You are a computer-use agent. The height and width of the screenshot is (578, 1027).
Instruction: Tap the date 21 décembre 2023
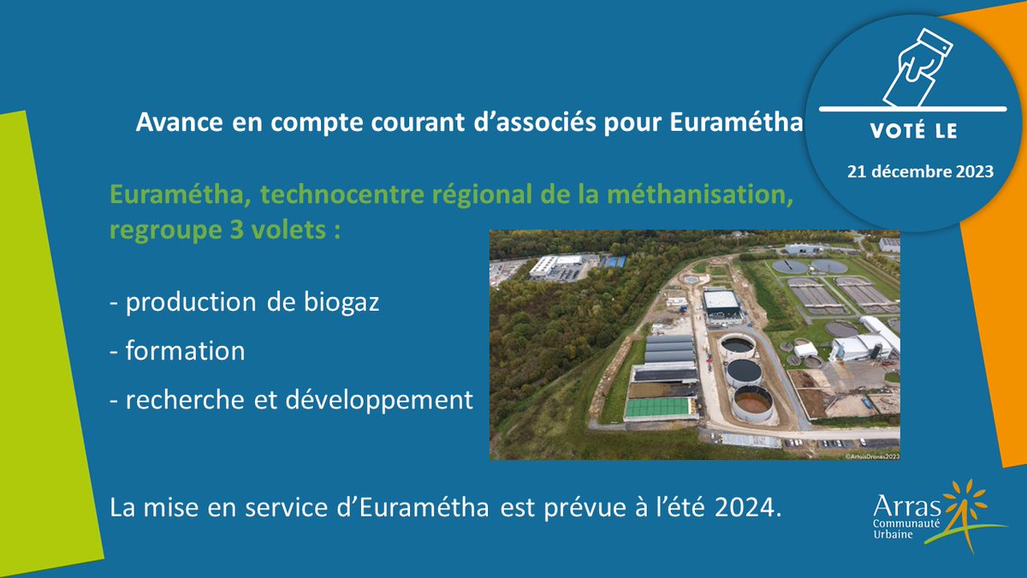tap(920, 171)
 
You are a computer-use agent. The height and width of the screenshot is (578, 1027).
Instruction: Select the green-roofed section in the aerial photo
tap(659, 408)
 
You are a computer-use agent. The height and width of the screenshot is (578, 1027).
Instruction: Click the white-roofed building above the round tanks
tap(721, 301)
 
